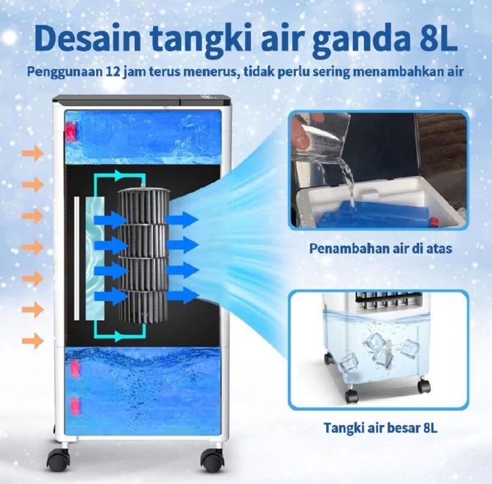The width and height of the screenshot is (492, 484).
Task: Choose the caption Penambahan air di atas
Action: point(380,248)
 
